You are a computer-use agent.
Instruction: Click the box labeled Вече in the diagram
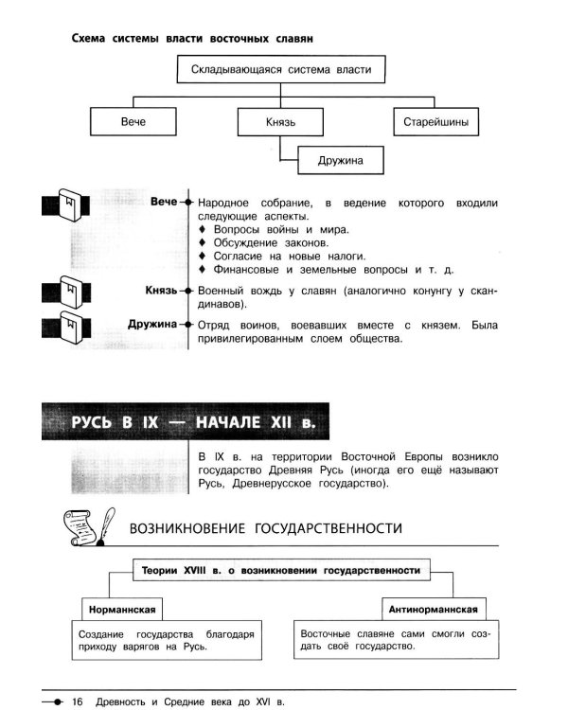(x=133, y=121)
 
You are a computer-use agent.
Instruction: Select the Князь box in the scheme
(x=280, y=122)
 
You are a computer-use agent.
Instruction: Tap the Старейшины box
(x=435, y=122)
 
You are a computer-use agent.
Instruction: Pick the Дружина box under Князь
(x=341, y=160)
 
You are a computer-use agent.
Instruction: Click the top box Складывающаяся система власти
(x=281, y=69)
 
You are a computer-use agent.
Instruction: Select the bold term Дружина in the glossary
(x=152, y=324)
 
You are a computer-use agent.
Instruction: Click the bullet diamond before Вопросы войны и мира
(x=203, y=229)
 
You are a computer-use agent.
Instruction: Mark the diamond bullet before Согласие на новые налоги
(x=203, y=256)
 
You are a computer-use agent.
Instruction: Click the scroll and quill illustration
(x=89, y=526)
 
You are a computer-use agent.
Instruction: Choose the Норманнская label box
(x=122, y=610)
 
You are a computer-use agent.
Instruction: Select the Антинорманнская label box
(x=434, y=609)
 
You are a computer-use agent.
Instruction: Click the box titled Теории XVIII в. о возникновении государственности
(x=281, y=571)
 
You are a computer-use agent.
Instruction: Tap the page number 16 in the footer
(x=78, y=701)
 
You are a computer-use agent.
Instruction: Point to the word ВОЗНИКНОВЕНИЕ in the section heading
(x=187, y=528)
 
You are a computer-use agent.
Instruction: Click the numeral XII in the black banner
(x=281, y=422)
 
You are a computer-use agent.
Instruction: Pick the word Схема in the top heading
(x=88, y=39)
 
